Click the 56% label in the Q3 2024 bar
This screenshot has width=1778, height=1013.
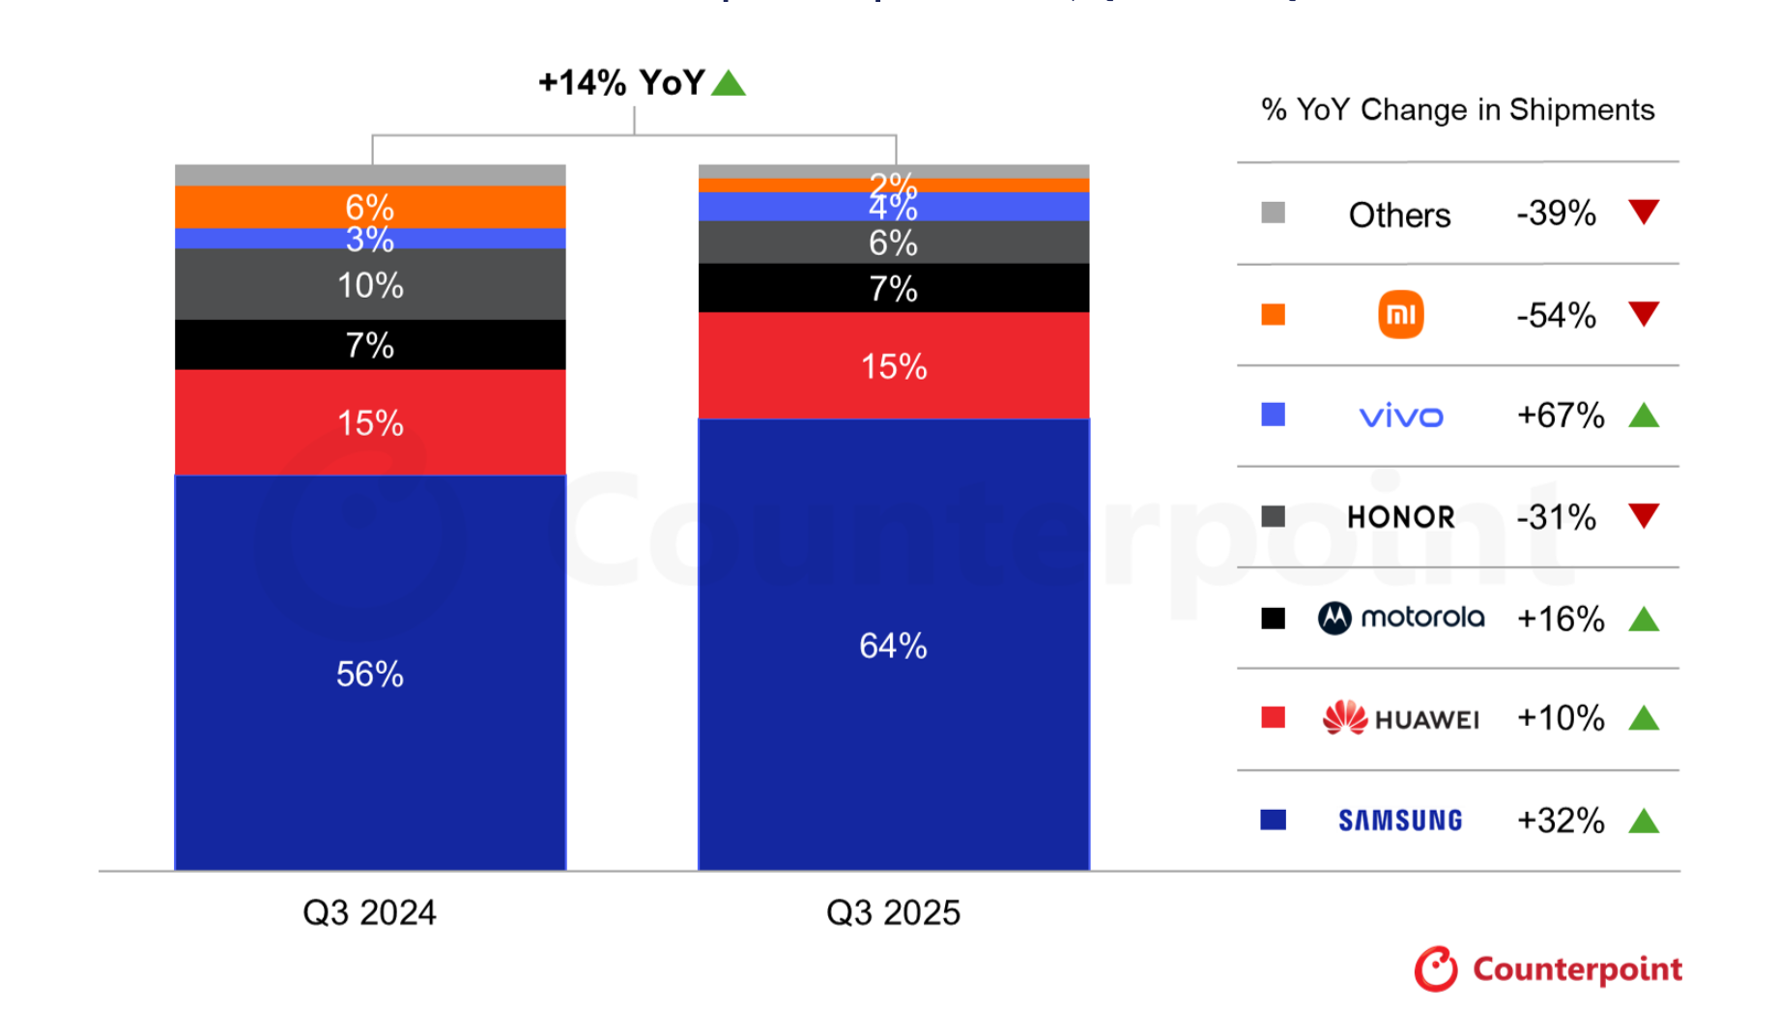[x=369, y=674]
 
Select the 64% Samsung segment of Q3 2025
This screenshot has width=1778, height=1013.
[x=893, y=645]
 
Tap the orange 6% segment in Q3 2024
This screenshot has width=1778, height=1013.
[x=369, y=206]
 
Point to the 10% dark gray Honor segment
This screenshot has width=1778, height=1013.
[x=369, y=285]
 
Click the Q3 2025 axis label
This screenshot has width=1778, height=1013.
[x=893, y=912]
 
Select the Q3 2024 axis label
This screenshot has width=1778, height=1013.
[x=369, y=912]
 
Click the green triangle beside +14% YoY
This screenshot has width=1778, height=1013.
[x=729, y=84]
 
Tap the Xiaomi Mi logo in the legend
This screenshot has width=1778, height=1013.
[x=1400, y=314]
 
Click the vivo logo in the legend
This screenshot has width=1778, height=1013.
[x=1400, y=417]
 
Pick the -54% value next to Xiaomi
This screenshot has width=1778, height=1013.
[x=1556, y=315]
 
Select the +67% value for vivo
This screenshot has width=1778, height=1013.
[x=1560, y=416]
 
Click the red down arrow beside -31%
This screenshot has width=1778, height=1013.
[x=1643, y=515]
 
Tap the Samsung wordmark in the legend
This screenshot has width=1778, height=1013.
[x=1400, y=821]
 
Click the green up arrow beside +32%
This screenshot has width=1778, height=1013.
[x=1643, y=822]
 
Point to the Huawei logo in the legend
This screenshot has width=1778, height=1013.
[x=1400, y=718]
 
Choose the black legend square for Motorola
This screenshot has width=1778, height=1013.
[x=1273, y=618]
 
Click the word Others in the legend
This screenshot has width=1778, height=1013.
[x=1399, y=215]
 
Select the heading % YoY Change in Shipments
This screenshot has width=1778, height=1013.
[x=1457, y=110]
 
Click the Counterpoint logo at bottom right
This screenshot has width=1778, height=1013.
[x=1548, y=969]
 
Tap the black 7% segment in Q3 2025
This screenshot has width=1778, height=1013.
[x=893, y=288]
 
